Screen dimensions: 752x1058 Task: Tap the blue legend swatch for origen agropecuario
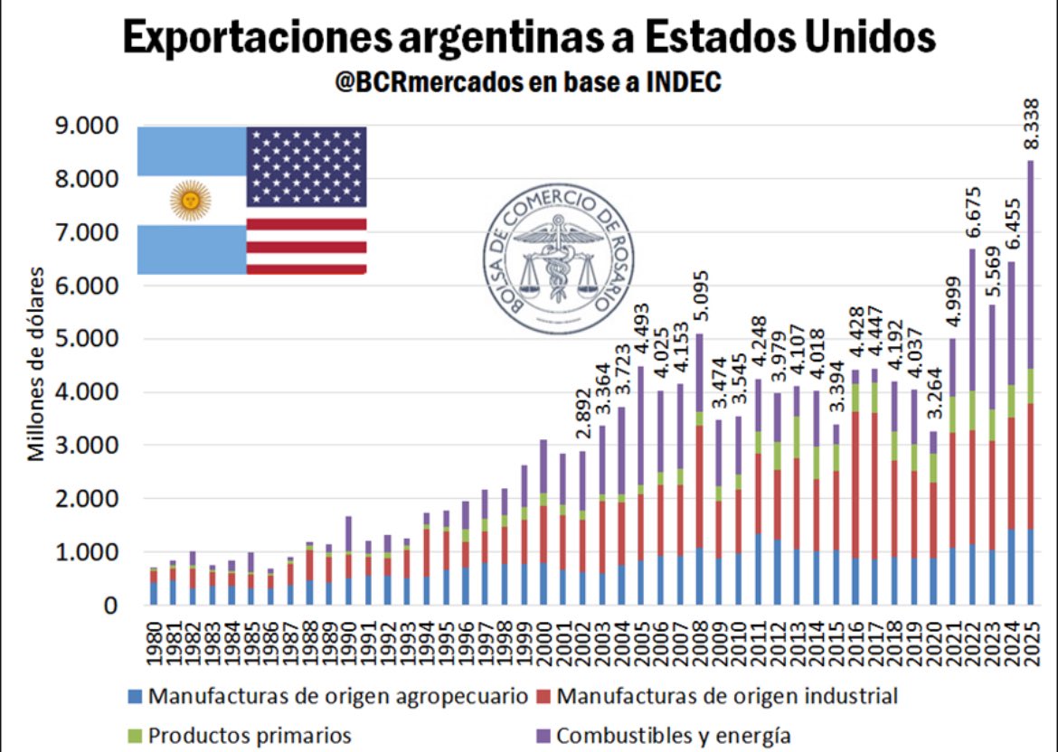135,697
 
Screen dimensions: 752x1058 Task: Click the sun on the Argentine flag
191,200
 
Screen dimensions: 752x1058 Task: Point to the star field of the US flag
307,166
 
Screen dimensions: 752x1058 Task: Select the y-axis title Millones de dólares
36,363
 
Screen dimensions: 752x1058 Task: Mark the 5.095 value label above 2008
699,300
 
